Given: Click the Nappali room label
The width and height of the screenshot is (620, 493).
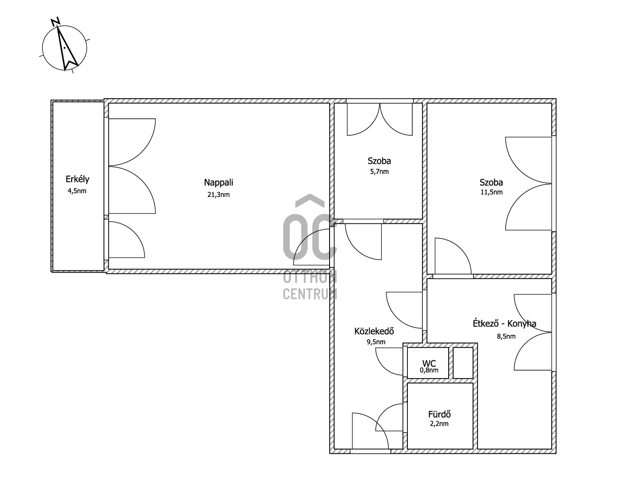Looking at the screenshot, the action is pyautogui.click(x=218, y=183).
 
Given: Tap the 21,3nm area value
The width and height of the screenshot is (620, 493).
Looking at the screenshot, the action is pyautogui.click(x=218, y=195).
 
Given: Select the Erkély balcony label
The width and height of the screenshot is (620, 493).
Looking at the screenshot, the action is pyautogui.click(x=77, y=179).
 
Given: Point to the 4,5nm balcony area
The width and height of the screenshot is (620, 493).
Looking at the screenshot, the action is pyautogui.click(x=77, y=191).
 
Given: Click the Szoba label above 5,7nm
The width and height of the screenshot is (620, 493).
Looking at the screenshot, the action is pyautogui.click(x=379, y=161).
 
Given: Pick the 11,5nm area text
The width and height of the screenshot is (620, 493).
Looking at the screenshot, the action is pyautogui.click(x=491, y=192).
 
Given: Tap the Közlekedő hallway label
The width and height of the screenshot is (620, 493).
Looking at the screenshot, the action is pyautogui.click(x=374, y=331).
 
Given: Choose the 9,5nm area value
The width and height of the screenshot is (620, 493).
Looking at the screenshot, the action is pyautogui.click(x=376, y=342).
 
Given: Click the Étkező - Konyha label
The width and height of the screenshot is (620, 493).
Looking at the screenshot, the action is pyautogui.click(x=504, y=323).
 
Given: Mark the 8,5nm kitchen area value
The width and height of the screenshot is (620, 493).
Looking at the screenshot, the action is pyautogui.click(x=506, y=336).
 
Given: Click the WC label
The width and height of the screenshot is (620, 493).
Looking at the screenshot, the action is pyautogui.click(x=429, y=363).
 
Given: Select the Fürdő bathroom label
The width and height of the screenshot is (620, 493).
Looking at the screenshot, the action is pyautogui.click(x=440, y=414).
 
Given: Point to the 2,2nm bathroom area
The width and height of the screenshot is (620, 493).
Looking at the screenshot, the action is pyautogui.click(x=439, y=423).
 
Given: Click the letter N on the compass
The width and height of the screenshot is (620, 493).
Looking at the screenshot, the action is pyautogui.click(x=55, y=21).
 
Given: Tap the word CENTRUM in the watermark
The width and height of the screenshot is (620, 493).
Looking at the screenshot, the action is pyautogui.click(x=310, y=294).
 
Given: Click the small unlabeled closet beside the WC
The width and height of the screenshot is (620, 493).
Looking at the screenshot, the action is pyautogui.click(x=463, y=363).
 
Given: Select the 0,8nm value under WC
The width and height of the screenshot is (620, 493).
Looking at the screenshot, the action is pyautogui.click(x=429, y=370).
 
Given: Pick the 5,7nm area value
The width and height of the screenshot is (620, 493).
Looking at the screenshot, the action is pyautogui.click(x=379, y=172).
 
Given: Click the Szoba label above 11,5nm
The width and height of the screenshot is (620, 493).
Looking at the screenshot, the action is pyautogui.click(x=491, y=183).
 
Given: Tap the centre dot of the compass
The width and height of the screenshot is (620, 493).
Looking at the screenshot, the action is pyautogui.click(x=64, y=48).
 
